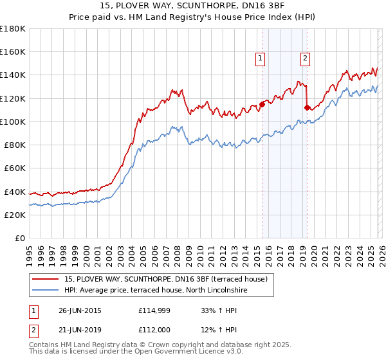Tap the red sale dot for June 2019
[308, 107]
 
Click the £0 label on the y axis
[20, 239]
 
